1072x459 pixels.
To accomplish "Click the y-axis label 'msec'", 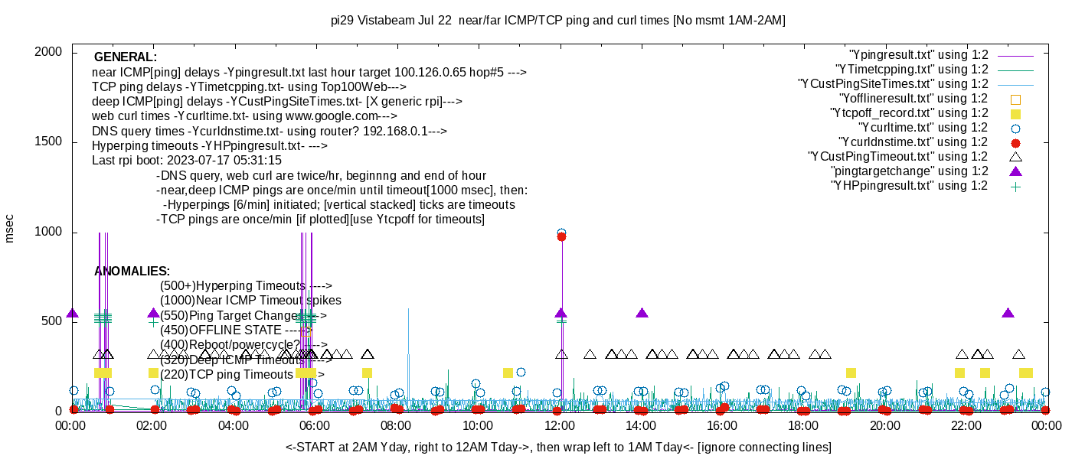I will (10, 229).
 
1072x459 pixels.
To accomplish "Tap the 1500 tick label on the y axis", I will (51, 142).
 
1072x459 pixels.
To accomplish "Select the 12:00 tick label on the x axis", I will (559, 425).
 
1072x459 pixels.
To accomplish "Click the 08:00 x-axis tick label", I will (396, 425).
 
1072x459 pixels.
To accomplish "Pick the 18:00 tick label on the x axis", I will (802, 425).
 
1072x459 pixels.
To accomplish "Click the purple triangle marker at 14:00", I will (642, 313).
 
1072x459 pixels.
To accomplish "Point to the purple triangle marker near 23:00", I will (1008, 313).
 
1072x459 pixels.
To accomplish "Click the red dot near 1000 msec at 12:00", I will (561, 237).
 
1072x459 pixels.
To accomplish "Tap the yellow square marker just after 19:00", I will (851, 373).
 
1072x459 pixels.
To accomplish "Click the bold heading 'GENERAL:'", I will (125, 57).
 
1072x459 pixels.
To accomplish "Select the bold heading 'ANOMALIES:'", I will (132, 272).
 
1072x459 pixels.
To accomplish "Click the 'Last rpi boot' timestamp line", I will (187, 161).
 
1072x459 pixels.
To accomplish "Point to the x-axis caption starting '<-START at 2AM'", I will (558, 447).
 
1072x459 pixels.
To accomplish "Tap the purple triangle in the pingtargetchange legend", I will (1015, 171).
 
